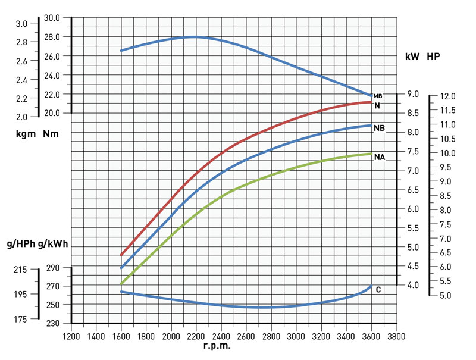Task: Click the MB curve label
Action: coord(377,96)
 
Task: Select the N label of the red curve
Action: coord(377,106)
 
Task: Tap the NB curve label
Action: coord(379,128)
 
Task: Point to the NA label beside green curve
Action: coord(379,158)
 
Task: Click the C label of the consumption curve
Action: coord(378,290)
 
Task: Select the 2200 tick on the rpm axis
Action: coord(196,335)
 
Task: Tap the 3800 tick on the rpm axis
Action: coord(396,335)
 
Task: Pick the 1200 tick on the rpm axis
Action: coord(71,335)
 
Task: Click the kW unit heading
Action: coord(412,57)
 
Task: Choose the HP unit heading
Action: coord(434,57)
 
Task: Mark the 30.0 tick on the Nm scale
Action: coord(52,18)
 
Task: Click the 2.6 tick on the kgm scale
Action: coord(21,61)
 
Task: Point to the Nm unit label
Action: coord(51,134)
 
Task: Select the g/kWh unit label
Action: coord(53,244)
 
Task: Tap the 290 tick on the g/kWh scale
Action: coord(52,268)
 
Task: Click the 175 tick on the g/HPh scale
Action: coord(20,320)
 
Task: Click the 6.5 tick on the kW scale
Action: coord(413,190)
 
